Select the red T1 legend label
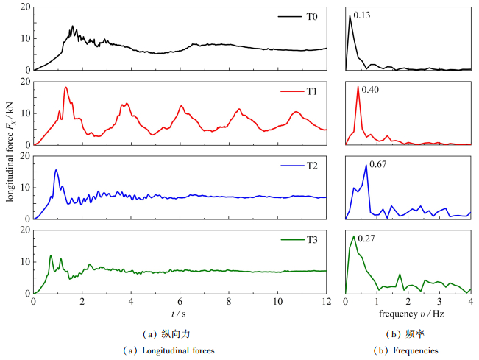pos(311,91)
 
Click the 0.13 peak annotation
pos(361,15)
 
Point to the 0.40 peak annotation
pos(370,89)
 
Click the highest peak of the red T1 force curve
pos(65,87)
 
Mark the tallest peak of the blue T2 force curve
pos(56,170)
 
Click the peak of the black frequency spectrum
pos(350,16)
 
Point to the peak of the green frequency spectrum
pos(354,236)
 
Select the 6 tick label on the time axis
pos(180,302)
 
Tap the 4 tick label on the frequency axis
pos(470,302)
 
